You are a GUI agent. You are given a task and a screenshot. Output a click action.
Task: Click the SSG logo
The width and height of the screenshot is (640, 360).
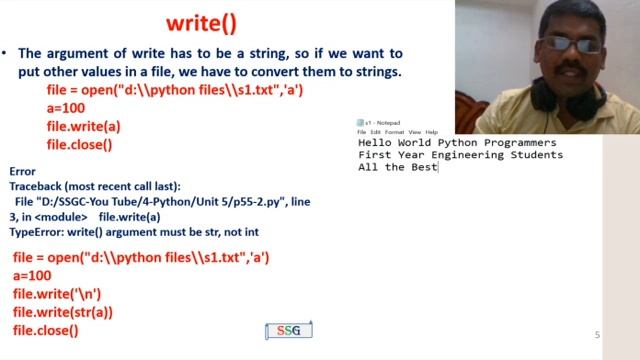pos(289,331)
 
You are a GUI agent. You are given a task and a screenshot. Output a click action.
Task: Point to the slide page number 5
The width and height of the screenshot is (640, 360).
pos(598,335)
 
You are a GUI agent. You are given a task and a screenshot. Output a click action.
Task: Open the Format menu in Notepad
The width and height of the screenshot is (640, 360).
pos(395,132)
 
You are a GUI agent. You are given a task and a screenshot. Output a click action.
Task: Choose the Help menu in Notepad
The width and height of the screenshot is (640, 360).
pos(431,132)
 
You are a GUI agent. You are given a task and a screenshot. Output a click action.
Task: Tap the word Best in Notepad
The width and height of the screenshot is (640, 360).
pos(426,167)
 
